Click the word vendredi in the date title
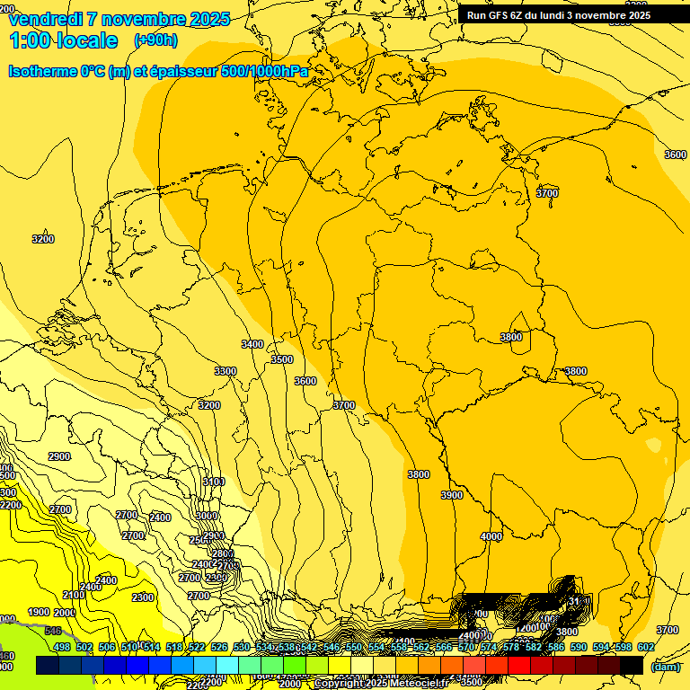49,19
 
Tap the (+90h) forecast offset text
155,40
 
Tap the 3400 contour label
252,344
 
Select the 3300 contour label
226,371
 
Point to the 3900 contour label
452,495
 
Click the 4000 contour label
491,536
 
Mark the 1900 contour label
39,612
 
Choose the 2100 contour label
74,595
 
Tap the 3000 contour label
208,516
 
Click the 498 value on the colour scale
61,647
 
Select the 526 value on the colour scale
218,647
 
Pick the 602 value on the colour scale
645,647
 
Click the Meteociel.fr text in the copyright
418,684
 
